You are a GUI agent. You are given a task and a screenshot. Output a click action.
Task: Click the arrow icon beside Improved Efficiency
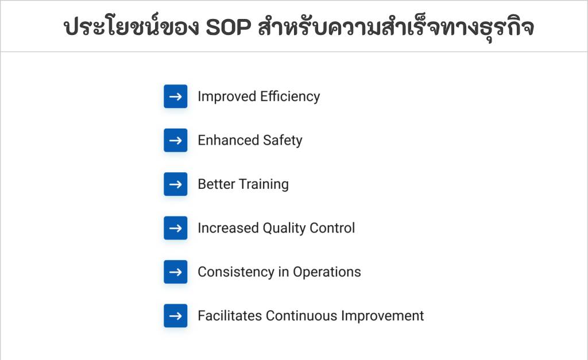pos(175,96)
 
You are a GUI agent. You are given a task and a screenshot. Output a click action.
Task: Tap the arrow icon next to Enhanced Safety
pos(175,140)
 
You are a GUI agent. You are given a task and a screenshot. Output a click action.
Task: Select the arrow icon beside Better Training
pos(175,184)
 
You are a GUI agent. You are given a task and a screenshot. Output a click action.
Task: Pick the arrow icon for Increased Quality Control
pos(175,228)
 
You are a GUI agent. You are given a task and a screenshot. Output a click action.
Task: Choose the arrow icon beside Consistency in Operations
pos(175,272)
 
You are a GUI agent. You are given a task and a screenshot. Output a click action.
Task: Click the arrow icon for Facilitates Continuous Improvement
pos(175,316)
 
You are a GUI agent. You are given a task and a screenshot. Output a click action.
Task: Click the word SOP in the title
pos(229,27)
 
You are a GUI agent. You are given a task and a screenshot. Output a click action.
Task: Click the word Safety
pos(283,141)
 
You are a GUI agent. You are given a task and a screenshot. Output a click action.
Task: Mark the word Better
pos(216,184)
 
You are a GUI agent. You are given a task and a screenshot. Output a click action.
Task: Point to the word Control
pos(332,228)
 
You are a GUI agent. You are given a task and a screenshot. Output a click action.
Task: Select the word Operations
pos(327,272)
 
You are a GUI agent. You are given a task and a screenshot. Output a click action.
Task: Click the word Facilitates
pos(230,316)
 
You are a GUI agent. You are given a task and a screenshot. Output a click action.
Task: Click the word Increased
pos(228,228)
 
